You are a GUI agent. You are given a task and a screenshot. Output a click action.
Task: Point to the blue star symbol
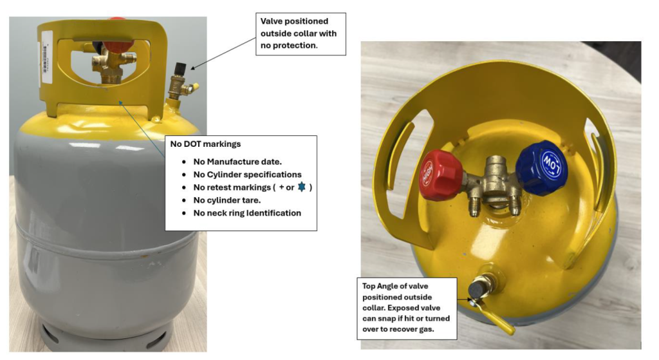pos(301,187)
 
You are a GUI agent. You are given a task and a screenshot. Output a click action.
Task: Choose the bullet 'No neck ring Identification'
pos(246,213)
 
